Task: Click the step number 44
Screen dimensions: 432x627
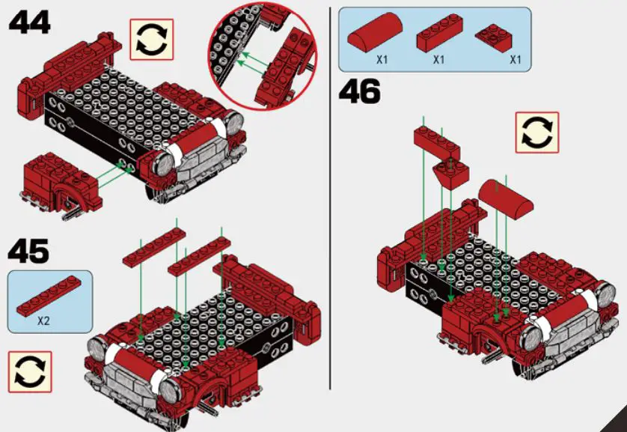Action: click(x=30, y=22)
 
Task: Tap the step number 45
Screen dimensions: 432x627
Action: click(x=29, y=252)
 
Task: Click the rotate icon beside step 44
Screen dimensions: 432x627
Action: click(x=151, y=40)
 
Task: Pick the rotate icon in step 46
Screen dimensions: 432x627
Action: click(x=536, y=133)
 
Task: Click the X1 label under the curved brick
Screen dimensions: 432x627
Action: click(x=381, y=59)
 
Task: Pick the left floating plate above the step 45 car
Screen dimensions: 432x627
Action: click(x=153, y=248)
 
